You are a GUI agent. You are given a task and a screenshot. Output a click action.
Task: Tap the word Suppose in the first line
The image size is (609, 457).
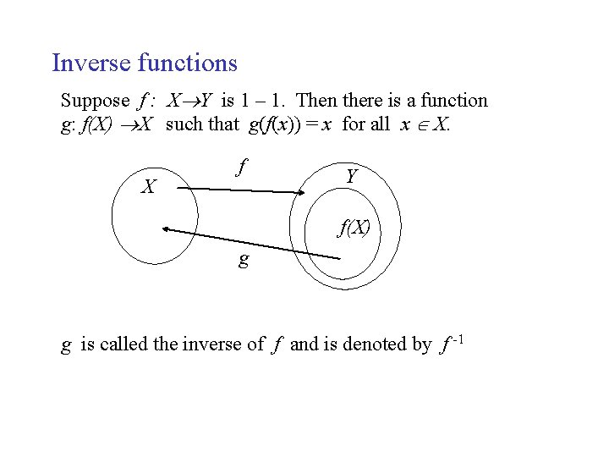click(95, 102)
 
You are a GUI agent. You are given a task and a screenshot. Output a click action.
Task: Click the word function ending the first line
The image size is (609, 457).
click(456, 101)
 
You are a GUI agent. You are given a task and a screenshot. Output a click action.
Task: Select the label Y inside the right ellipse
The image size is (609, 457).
click(351, 177)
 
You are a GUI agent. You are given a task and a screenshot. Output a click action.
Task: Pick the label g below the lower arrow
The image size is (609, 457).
click(244, 260)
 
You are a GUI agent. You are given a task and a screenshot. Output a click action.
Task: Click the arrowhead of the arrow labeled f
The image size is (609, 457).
click(299, 195)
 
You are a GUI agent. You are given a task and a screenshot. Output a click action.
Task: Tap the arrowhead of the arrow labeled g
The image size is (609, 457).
click(167, 228)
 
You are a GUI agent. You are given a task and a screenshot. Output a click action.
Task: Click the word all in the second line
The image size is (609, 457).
click(379, 124)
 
